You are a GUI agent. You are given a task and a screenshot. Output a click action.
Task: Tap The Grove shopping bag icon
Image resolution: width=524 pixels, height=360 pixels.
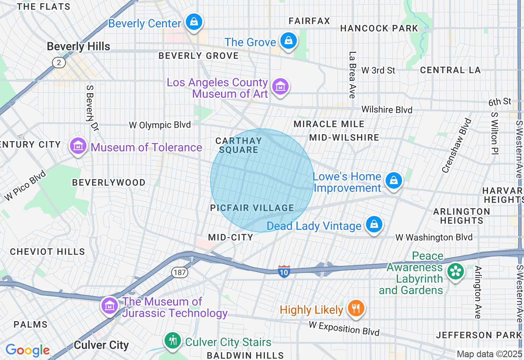point(289,41)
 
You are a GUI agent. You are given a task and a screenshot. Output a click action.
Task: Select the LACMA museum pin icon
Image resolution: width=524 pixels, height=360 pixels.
point(280,87)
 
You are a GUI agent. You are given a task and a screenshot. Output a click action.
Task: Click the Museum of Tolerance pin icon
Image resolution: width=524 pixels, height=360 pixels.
point(78,146)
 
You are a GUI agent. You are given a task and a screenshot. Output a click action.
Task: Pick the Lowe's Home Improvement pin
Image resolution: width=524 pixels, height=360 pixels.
point(393,180)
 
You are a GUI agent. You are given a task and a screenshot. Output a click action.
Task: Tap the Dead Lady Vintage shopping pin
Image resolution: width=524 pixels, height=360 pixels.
point(374,225)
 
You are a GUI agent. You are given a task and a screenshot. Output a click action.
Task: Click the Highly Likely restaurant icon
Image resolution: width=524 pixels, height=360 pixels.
point(356,308)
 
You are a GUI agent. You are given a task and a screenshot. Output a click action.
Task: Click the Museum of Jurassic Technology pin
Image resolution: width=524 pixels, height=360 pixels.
point(110,306)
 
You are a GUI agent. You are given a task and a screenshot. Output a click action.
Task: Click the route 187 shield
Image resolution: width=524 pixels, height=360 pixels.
point(179,273)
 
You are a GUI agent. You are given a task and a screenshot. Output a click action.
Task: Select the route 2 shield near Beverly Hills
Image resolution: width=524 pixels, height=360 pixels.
point(59,62)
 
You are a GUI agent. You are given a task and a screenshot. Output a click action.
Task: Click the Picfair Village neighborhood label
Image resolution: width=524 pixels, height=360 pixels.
point(252,208)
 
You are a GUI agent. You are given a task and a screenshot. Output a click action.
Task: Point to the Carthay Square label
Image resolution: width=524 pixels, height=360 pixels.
point(239,145)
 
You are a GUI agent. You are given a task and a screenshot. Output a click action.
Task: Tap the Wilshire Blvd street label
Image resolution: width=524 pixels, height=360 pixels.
point(386,110)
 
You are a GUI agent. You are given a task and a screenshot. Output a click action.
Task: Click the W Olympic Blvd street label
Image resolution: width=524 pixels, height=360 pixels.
point(160,125)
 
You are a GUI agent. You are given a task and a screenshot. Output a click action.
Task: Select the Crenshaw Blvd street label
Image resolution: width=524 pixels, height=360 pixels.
point(456,145)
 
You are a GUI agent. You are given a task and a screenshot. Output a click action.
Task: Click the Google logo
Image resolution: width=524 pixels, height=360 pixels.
point(27,350)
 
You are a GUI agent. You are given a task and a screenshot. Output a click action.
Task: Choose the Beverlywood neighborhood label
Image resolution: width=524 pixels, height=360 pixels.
point(108,182)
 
